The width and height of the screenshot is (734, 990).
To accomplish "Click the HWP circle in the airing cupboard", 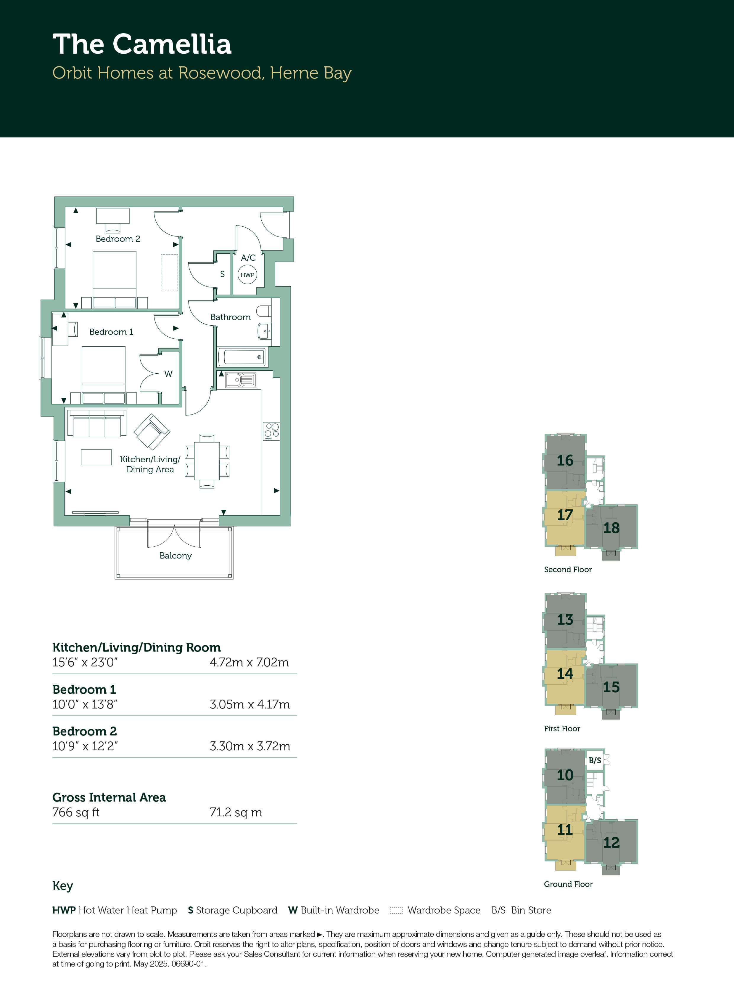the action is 247,274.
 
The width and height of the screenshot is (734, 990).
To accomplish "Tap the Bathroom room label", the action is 230,317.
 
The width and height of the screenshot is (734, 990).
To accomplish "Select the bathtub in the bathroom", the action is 243,357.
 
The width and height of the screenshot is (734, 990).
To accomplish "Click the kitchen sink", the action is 240,380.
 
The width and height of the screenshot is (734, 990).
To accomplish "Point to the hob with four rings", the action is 271,431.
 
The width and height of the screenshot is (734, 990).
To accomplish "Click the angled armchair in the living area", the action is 152,431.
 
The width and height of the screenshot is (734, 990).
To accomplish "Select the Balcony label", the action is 176,556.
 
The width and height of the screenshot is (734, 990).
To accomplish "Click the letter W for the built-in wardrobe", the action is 168,374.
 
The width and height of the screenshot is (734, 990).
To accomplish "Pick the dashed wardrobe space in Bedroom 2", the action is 169,273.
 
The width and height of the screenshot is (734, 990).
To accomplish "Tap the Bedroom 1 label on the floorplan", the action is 111,332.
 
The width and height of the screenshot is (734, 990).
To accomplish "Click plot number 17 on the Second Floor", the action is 565,515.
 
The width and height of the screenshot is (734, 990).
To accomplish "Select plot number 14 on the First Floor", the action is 565,673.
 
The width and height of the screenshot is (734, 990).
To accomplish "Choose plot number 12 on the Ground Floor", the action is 611,842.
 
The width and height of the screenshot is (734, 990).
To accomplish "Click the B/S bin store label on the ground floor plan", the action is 595,760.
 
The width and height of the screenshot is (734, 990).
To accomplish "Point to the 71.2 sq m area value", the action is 236,812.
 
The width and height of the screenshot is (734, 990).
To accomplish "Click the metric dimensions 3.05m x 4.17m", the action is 250,704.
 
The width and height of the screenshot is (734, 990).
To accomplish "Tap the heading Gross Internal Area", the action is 109,797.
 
